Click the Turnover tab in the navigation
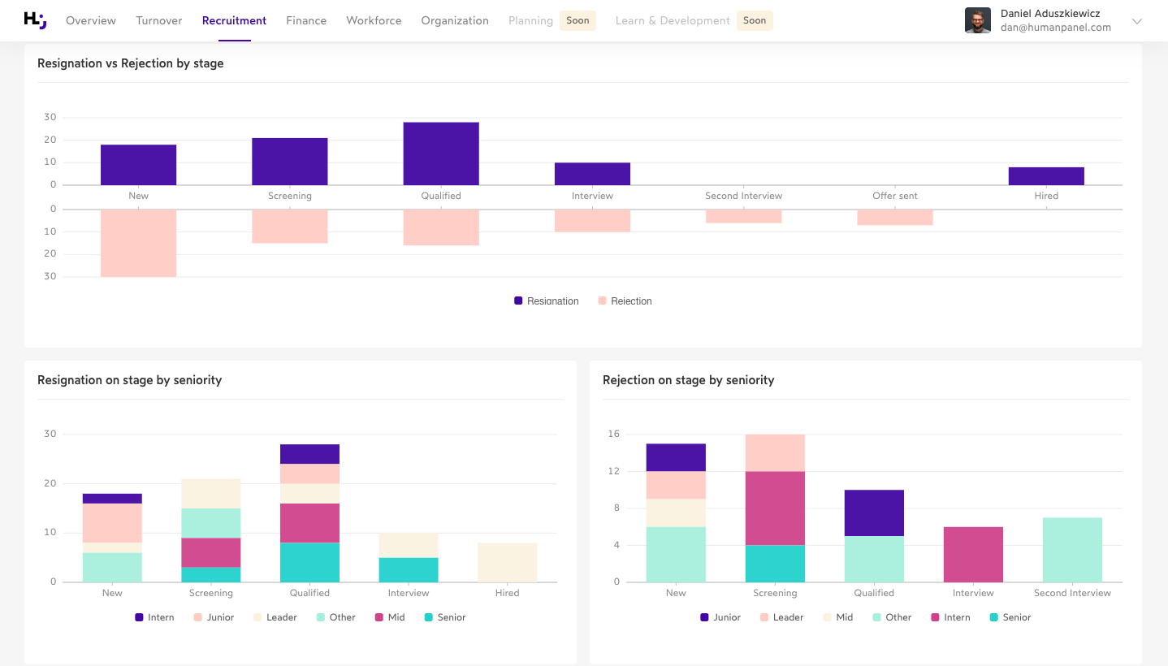158,20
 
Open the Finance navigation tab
306,20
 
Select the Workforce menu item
374,20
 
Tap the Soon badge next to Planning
578,20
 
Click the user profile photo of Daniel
977,20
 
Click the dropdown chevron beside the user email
1137,21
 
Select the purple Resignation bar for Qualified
441,154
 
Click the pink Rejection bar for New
138,243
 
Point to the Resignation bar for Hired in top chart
1046,176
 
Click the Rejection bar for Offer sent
895,217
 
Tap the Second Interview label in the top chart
743,196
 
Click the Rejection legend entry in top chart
625,301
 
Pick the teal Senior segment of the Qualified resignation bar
309,562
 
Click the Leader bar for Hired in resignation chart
507,562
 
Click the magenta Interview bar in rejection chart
973,554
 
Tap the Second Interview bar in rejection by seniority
1072,549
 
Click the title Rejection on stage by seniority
688,380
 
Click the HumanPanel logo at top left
35,20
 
